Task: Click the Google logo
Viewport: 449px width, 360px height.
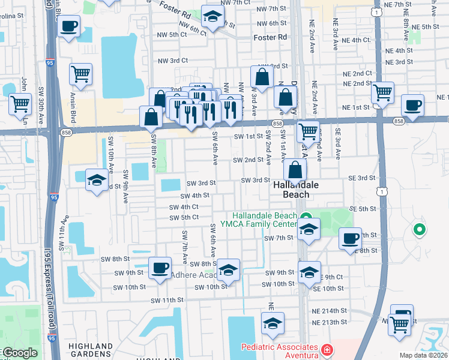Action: tap(20, 353)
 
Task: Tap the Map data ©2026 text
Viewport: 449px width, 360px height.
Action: tap(423, 355)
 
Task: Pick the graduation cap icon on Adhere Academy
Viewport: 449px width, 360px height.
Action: tap(228, 270)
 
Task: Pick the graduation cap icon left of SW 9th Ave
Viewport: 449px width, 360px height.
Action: tap(97, 181)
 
